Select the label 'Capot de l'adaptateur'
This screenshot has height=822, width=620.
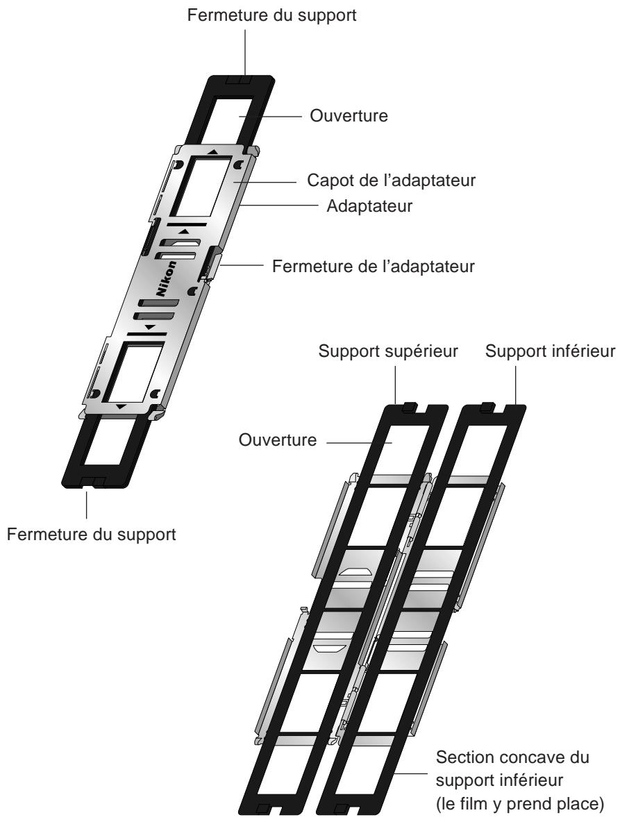point(391,181)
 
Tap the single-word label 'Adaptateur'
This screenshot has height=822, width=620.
point(369,206)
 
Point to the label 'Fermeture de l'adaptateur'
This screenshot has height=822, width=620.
point(373,267)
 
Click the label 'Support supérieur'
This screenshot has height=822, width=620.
point(388,351)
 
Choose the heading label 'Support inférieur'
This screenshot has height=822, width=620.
point(551,351)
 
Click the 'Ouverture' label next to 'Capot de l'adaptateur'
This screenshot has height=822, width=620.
point(349,116)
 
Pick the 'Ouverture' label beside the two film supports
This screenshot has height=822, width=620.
point(278,440)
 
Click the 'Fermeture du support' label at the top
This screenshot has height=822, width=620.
point(271,15)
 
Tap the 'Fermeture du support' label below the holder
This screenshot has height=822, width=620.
point(91,535)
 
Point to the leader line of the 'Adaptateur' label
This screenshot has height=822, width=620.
point(280,205)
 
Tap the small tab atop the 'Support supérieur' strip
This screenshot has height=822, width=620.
point(408,406)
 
